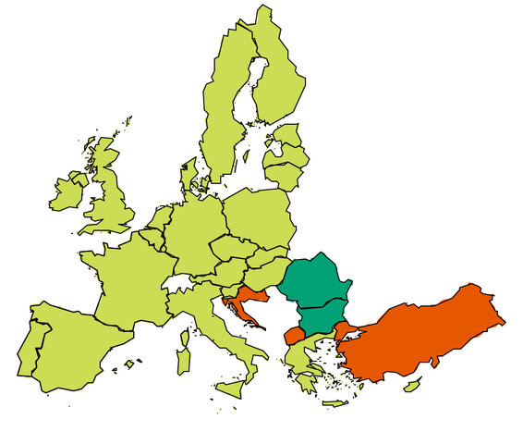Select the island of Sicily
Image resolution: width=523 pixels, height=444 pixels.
pyautogui.click(x=232, y=385)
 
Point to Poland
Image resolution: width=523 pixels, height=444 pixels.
pyautogui.click(x=259, y=217)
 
